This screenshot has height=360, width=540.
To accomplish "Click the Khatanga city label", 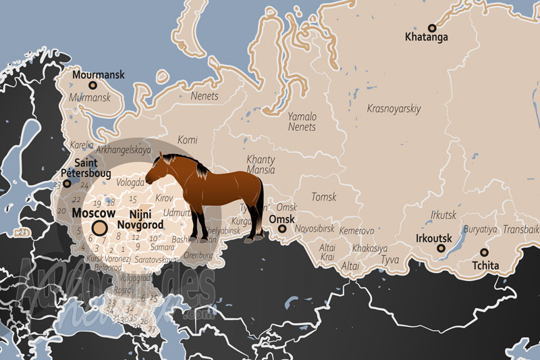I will click(x=426, y=37).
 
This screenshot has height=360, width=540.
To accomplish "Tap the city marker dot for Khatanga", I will click(x=433, y=27).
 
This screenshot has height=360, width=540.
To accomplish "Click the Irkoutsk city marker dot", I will click(x=441, y=249).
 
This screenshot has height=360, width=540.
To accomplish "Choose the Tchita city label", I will click(x=485, y=265).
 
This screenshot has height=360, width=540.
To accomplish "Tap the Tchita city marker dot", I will click(x=484, y=252).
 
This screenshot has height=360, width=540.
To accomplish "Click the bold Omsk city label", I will click(x=281, y=220).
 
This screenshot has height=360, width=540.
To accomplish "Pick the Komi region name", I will click(x=188, y=140).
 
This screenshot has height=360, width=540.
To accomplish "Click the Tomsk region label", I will click(x=323, y=197).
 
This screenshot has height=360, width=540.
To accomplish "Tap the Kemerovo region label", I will click(x=356, y=231).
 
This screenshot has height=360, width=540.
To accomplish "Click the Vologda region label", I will click(x=131, y=182).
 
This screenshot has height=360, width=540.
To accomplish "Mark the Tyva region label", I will click(x=389, y=259).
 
